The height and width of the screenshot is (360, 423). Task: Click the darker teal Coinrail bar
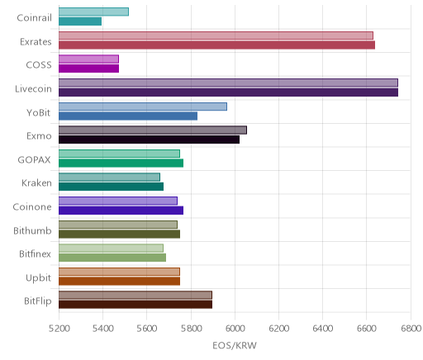tap(80, 21)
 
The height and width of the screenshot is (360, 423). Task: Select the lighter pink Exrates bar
tap(216, 36)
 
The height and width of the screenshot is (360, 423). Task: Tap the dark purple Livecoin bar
tap(228, 92)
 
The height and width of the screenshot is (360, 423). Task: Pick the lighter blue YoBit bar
tap(143, 107)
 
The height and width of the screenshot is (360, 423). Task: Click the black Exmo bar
tap(149, 140)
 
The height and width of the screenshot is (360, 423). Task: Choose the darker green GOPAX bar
tap(121, 163)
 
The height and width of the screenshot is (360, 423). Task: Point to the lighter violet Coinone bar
tap(118, 201)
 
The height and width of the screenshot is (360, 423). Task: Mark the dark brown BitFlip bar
tap(135, 305)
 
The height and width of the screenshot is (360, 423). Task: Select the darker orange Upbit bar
tap(119, 281)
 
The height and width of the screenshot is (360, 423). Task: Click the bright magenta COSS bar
tap(88, 69)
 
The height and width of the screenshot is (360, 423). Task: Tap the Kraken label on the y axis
tap(36, 183)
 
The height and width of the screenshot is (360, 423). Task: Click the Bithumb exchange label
tap(32, 230)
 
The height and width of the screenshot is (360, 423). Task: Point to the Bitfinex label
tap(35, 253)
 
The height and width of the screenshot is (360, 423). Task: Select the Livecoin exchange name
tap(33, 89)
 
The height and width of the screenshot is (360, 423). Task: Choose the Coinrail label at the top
tap(34, 18)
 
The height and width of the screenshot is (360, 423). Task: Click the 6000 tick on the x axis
tap(235, 329)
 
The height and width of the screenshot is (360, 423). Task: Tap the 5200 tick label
tap(59, 329)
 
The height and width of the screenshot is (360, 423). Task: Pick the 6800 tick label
tap(411, 329)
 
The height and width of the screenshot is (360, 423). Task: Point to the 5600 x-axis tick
tap(147, 329)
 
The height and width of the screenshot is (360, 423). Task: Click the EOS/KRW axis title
tap(235, 345)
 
